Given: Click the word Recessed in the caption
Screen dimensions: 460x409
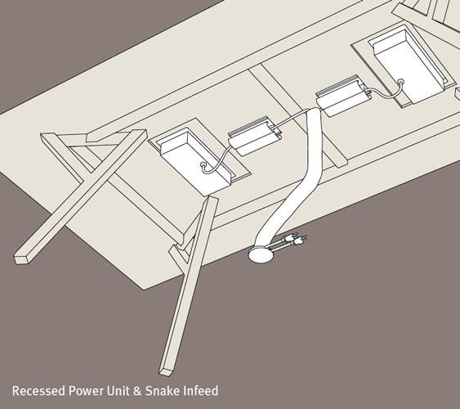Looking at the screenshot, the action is [38, 391].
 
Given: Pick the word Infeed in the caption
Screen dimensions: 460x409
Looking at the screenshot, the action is [201, 391].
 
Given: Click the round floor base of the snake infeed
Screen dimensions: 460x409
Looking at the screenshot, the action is [261, 254].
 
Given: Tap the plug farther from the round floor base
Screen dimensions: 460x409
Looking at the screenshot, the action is [301, 240].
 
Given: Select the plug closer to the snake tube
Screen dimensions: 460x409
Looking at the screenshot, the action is [290, 236].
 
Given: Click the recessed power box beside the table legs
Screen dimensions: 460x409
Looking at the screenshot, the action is [195, 161].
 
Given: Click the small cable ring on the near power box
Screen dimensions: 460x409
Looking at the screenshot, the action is [203, 165].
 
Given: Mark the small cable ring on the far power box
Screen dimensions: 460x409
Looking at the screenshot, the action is [400, 82].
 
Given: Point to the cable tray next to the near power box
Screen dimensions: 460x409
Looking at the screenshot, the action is [255, 136].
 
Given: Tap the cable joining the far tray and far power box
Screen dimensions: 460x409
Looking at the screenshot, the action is [384, 92].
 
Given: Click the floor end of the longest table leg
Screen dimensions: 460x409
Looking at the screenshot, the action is [166, 371].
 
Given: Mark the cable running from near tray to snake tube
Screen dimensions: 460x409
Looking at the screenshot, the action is [292, 117].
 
